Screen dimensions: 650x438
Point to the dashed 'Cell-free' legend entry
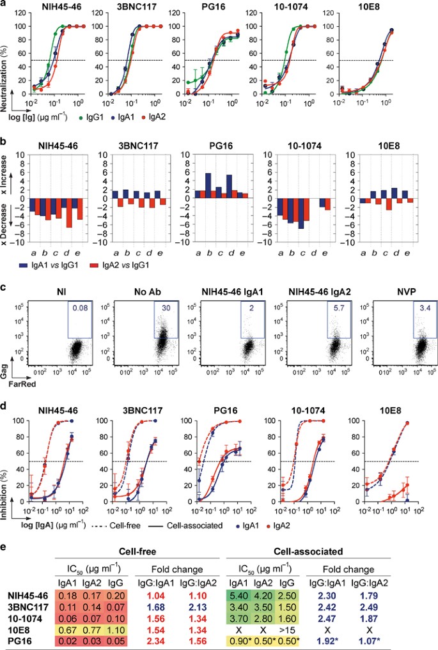[x=121, y=526]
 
